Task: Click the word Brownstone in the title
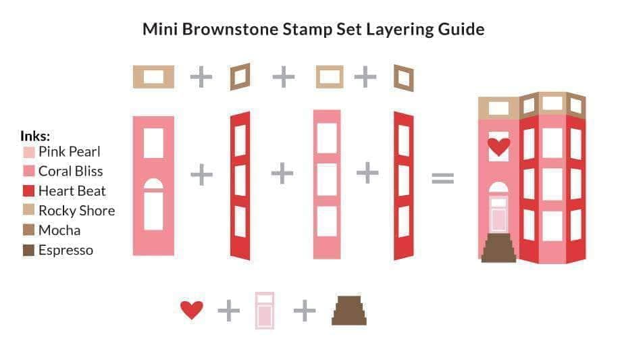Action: (x=230, y=29)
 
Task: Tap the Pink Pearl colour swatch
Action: (x=29, y=153)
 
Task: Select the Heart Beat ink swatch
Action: (x=29, y=191)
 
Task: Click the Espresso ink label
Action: (x=66, y=250)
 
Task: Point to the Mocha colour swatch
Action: (x=29, y=230)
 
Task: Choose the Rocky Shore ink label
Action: (x=77, y=211)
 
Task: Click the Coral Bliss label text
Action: (x=71, y=172)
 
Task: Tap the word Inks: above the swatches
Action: (x=35, y=136)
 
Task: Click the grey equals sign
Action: (x=443, y=178)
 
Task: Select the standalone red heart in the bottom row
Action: (x=192, y=310)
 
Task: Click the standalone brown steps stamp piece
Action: (x=349, y=311)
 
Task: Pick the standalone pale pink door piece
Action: (x=265, y=311)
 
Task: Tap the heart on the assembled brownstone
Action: (x=498, y=147)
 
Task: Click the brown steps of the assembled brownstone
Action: (x=498, y=248)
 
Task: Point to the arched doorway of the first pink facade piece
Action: (x=153, y=204)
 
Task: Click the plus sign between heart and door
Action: (x=229, y=311)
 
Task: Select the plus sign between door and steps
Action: (x=305, y=311)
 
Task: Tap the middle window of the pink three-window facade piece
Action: (x=327, y=179)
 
